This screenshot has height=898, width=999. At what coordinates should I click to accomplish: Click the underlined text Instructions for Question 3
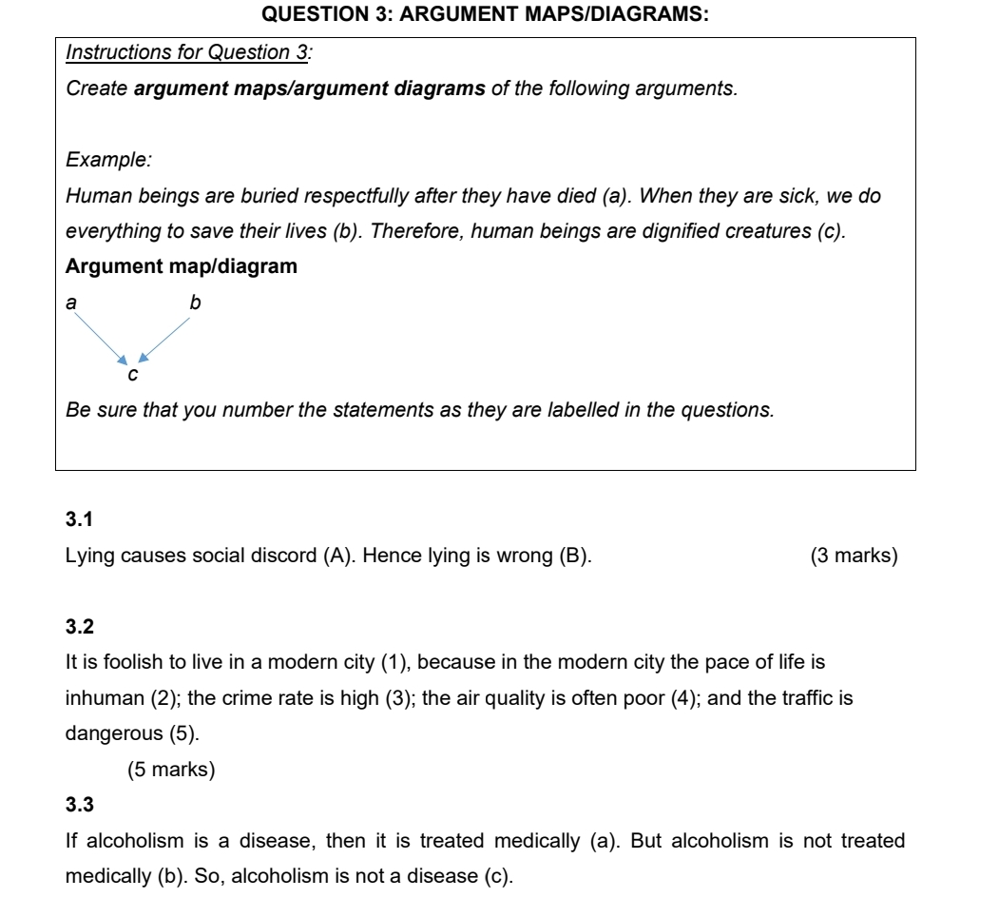[188, 52]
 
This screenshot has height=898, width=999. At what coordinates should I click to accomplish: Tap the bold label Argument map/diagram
[181, 266]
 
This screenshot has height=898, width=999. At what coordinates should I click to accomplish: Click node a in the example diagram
[69, 303]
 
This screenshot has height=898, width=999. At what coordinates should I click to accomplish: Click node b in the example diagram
[195, 303]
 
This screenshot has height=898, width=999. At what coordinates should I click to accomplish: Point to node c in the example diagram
[133, 376]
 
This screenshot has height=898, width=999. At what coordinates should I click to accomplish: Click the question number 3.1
[77, 518]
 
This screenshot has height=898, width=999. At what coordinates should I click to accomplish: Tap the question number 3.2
[77, 626]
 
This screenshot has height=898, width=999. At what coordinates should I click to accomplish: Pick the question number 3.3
[77, 807]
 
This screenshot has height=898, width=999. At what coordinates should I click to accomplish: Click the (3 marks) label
[853, 556]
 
